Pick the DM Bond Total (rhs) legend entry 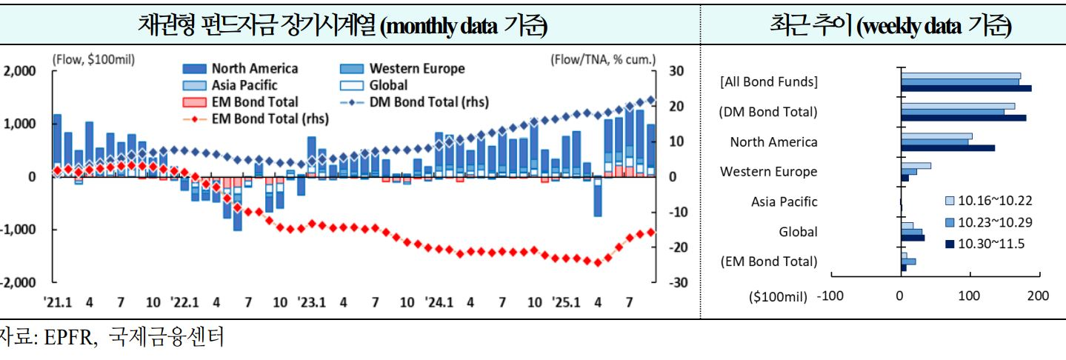point(429,101)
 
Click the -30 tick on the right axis point(679,283)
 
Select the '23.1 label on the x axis point(312,302)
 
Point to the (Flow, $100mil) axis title point(93,59)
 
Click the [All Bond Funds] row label point(769,82)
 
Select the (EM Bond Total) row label point(768,261)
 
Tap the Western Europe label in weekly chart point(769,171)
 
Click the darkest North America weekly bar point(947,148)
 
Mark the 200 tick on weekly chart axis point(1038,296)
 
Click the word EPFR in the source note point(69,340)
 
